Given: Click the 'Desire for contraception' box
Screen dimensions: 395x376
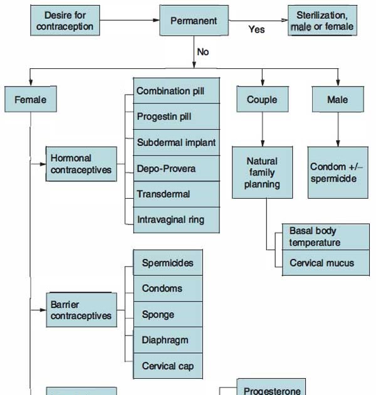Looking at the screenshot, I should point(65,21).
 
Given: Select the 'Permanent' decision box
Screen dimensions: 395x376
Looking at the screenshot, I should point(194,21).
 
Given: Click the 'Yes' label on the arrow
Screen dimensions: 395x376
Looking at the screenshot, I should point(256,29).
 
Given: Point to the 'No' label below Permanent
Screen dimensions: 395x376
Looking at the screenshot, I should point(203,52).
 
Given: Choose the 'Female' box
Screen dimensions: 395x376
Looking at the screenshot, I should point(30,99).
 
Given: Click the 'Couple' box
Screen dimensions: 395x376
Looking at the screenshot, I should point(262,99).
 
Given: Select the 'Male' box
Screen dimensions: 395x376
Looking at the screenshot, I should point(338,99).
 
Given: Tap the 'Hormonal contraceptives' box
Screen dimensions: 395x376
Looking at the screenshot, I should point(81,164).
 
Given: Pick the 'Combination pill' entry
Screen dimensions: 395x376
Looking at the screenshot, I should point(177,91).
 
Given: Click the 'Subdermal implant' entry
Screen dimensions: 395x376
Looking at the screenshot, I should point(177,142).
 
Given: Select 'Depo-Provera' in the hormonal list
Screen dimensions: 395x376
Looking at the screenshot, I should point(177,169).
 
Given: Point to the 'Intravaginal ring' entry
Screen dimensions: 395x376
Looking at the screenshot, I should point(177,220).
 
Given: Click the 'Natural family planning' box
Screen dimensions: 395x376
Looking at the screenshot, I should point(262,172).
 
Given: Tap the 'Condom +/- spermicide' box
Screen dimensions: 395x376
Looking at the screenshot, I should point(338,172).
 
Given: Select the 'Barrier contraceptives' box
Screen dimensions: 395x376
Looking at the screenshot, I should point(81,310).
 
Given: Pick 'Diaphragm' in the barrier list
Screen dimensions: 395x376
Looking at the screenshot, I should point(168,340).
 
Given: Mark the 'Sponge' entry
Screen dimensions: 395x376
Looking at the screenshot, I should point(168,314).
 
